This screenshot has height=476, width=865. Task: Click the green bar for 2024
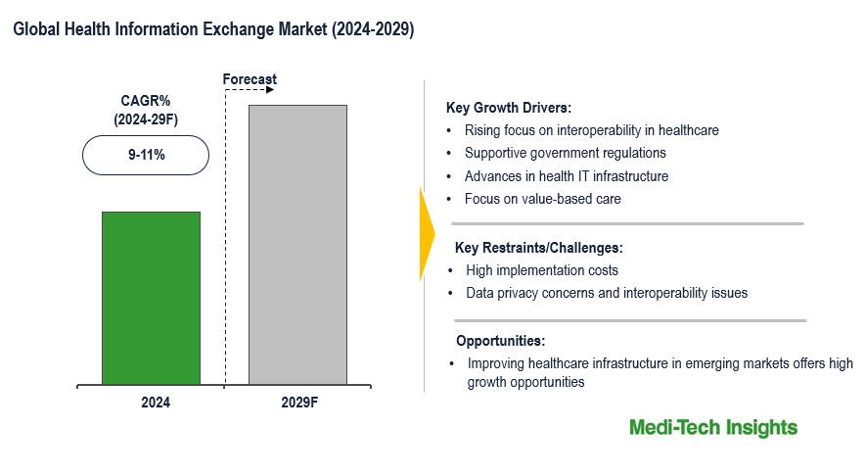[151, 298]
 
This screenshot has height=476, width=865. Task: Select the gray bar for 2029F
[297, 244]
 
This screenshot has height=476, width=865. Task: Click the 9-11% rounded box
[145, 155]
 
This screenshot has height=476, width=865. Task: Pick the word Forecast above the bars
[250, 79]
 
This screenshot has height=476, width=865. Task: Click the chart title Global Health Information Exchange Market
[213, 30]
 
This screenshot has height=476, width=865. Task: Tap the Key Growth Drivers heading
[508, 108]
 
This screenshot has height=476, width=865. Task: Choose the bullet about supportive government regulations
[565, 153]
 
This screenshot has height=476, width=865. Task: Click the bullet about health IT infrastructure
[566, 176]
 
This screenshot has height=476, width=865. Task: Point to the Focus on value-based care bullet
[542, 199]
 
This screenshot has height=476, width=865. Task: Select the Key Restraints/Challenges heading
[538, 248]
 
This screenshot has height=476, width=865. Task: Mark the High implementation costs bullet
[542, 270]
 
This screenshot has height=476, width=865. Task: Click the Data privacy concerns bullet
[607, 293]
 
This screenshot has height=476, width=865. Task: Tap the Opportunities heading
[500, 341]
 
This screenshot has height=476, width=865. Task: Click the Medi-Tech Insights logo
[712, 428]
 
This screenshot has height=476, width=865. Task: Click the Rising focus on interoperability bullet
[591, 130]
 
